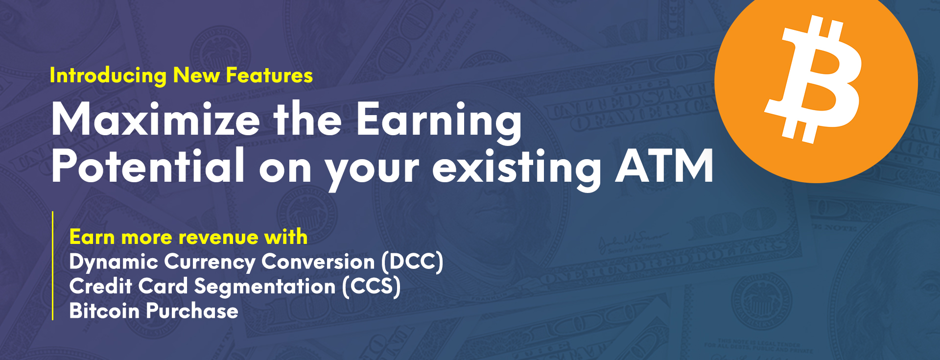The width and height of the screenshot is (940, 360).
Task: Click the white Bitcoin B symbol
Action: coord(813,80)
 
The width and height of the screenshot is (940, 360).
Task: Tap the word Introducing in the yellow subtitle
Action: coord(108,76)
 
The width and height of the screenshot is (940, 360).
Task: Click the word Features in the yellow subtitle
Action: coord(269,75)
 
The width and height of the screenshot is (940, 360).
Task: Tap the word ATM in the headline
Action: coord(664,166)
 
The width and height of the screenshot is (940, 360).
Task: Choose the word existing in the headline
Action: coord(517,169)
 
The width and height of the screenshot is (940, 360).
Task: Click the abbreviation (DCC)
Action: coord(412,262)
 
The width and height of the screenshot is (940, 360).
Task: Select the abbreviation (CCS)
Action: coord(371,287)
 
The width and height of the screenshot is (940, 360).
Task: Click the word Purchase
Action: coord(192,311)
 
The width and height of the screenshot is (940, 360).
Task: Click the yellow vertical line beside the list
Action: coord(52,266)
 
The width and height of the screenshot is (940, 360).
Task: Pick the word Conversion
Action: coord(318,262)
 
